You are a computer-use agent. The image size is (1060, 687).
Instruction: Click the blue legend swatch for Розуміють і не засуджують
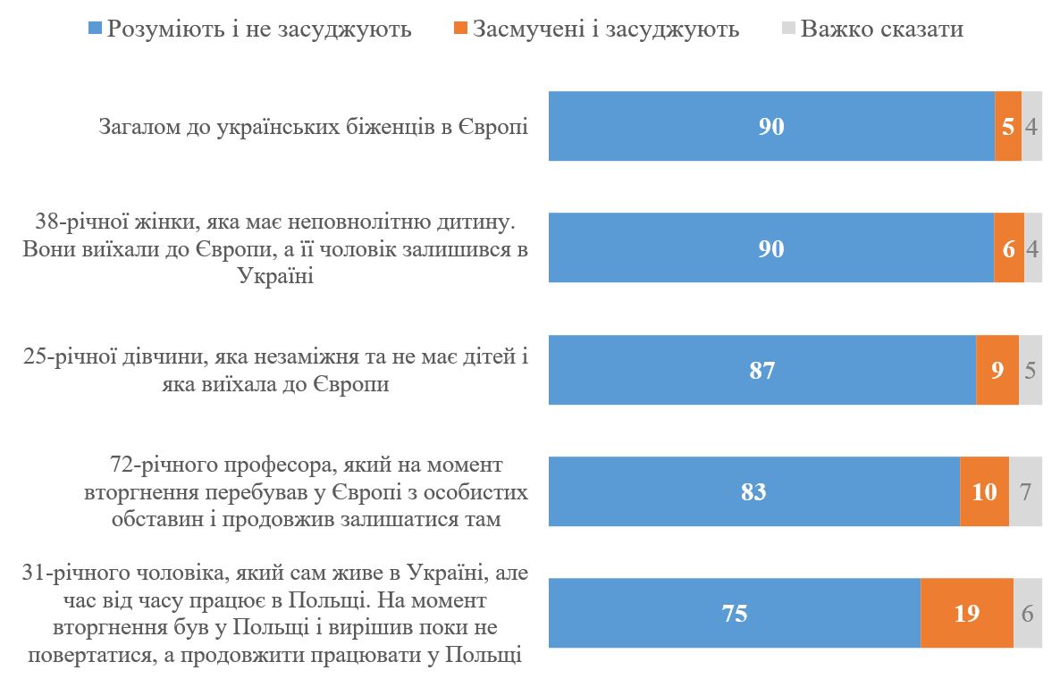96,29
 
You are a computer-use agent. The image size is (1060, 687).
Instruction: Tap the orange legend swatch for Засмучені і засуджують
460,29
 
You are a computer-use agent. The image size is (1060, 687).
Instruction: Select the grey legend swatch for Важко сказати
787,29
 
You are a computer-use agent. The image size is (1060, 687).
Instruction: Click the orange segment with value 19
966,613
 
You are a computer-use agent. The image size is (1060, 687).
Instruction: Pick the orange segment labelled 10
984,491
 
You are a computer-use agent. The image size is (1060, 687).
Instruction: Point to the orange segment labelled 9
997,370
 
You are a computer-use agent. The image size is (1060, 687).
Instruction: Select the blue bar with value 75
734,613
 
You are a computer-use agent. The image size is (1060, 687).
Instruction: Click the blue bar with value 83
753,491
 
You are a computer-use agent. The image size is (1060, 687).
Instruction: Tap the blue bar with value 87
761,370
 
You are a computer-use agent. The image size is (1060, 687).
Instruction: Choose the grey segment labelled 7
1025,491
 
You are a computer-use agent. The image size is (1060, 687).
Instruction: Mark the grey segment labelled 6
1027,613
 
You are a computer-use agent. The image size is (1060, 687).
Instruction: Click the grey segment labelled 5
1030,370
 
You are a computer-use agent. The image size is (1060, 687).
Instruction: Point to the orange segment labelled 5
1007,126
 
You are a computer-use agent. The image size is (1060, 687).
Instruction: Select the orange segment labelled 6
1008,247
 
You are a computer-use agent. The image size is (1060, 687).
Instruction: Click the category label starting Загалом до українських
313,127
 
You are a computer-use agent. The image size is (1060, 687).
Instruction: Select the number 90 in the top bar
770,126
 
